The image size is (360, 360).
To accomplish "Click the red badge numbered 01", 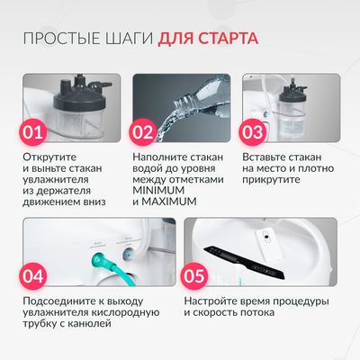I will (x=33, y=133).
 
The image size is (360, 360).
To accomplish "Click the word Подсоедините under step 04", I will (x=62, y=300).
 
